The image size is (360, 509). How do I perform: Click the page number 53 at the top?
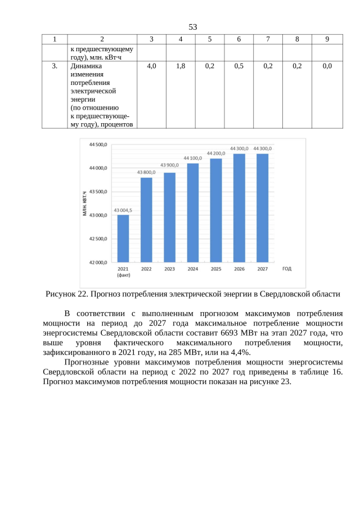pos(192,27)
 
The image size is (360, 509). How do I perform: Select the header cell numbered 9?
pos(327,39)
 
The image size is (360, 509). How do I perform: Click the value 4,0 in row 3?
pos(151,66)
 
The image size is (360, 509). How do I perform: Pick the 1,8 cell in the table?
pos(181,66)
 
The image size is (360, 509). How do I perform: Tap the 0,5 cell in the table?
pos(239,66)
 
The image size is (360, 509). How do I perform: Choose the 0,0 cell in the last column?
pos(327,66)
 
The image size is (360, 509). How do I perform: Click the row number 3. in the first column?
pos(54,66)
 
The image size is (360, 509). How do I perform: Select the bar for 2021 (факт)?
pos(123,238)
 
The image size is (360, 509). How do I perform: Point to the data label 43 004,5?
pos(123,210)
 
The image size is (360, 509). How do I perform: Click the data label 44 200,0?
pos(216,153)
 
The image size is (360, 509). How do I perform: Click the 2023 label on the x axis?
pos(169,269)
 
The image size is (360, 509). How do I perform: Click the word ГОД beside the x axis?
pos(287,269)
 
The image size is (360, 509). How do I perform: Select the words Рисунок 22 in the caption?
pos(66,294)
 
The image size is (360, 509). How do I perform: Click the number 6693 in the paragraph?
pos(234,333)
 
